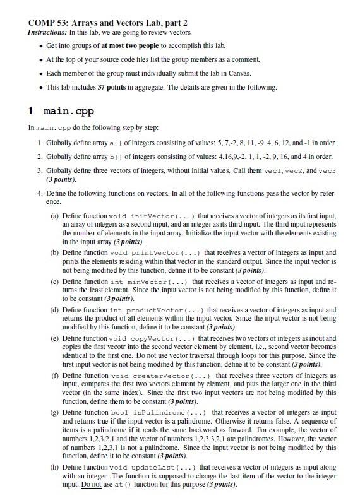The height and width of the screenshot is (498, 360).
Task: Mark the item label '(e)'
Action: (56, 339)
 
